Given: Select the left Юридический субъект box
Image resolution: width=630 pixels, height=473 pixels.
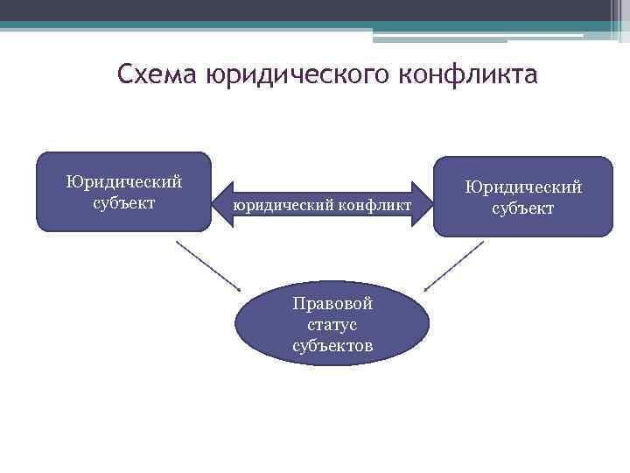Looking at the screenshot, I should click(123, 192).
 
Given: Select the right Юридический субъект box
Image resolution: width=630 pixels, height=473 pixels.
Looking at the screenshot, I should click(523, 196).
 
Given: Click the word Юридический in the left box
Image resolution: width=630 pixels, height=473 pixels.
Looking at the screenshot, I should click(124, 182).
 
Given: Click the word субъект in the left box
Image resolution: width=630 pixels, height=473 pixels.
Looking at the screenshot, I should click(123, 203).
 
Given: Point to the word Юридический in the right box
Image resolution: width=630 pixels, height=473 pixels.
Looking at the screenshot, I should click(523, 187).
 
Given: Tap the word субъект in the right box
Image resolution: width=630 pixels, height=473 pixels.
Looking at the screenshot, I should click(523, 209).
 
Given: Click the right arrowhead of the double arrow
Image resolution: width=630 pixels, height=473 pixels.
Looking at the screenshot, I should click(423, 204).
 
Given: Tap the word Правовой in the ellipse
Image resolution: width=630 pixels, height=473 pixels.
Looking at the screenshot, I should click(332, 304).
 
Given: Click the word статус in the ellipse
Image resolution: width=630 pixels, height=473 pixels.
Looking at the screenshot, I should click(332, 325).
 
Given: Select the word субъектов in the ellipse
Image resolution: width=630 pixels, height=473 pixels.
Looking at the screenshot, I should click(332, 346).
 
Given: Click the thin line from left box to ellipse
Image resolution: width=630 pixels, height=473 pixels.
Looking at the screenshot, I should click(208, 265).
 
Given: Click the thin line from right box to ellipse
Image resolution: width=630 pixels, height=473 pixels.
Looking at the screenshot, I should click(454, 265).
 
